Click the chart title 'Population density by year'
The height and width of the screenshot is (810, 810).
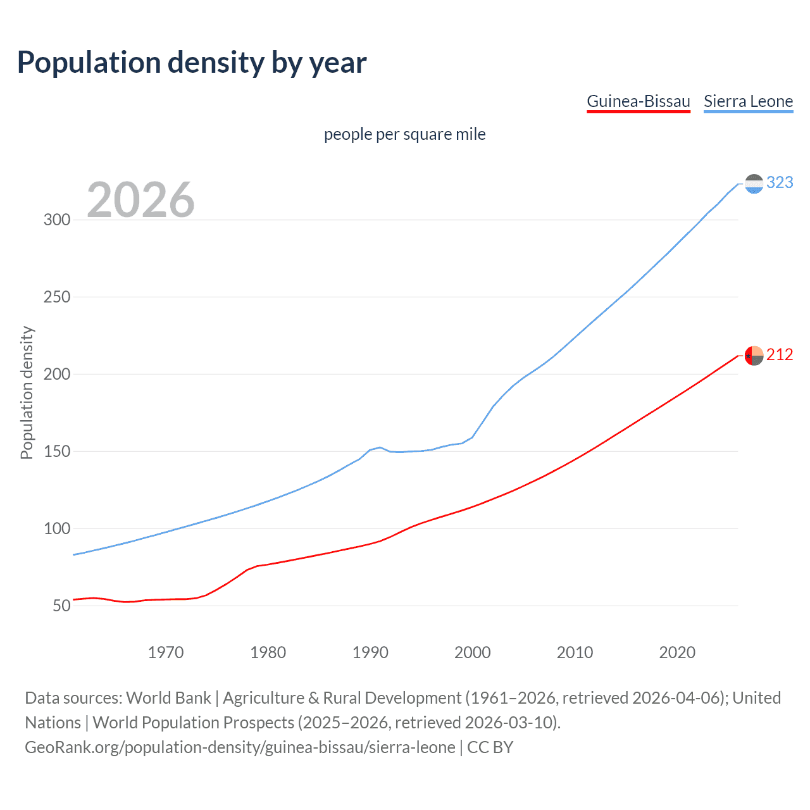click(x=192, y=63)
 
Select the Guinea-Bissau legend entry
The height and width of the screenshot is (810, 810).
click(x=638, y=102)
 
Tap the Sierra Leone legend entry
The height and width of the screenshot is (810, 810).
click(x=748, y=102)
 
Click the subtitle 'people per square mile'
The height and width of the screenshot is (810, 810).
click(x=404, y=135)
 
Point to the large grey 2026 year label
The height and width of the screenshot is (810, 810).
click(x=140, y=200)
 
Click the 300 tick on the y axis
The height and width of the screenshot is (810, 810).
click(x=56, y=220)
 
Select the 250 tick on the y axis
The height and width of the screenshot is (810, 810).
click(x=56, y=297)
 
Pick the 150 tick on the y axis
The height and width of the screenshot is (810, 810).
click(x=56, y=452)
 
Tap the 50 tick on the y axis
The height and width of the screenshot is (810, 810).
click(x=61, y=606)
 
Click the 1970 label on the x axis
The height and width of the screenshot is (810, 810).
click(x=165, y=652)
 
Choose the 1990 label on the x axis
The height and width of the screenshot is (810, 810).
click(x=370, y=652)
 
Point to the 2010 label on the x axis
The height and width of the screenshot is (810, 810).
click(x=575, y=652)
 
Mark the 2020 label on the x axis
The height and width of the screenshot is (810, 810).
click(x=677, y=652)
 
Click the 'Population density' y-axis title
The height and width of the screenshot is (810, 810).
click(x=27, y=392)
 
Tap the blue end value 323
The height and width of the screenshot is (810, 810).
click(x=780, y=183)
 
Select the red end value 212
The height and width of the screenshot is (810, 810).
click(x=780, y=355)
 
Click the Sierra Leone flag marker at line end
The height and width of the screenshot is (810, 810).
click(x=754, y=184)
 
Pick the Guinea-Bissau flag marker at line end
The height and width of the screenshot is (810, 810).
click(x=754, y=356)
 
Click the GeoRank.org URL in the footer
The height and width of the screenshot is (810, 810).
click(x=240, y=747)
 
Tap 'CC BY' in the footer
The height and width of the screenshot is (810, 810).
click(x=490, y=747)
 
